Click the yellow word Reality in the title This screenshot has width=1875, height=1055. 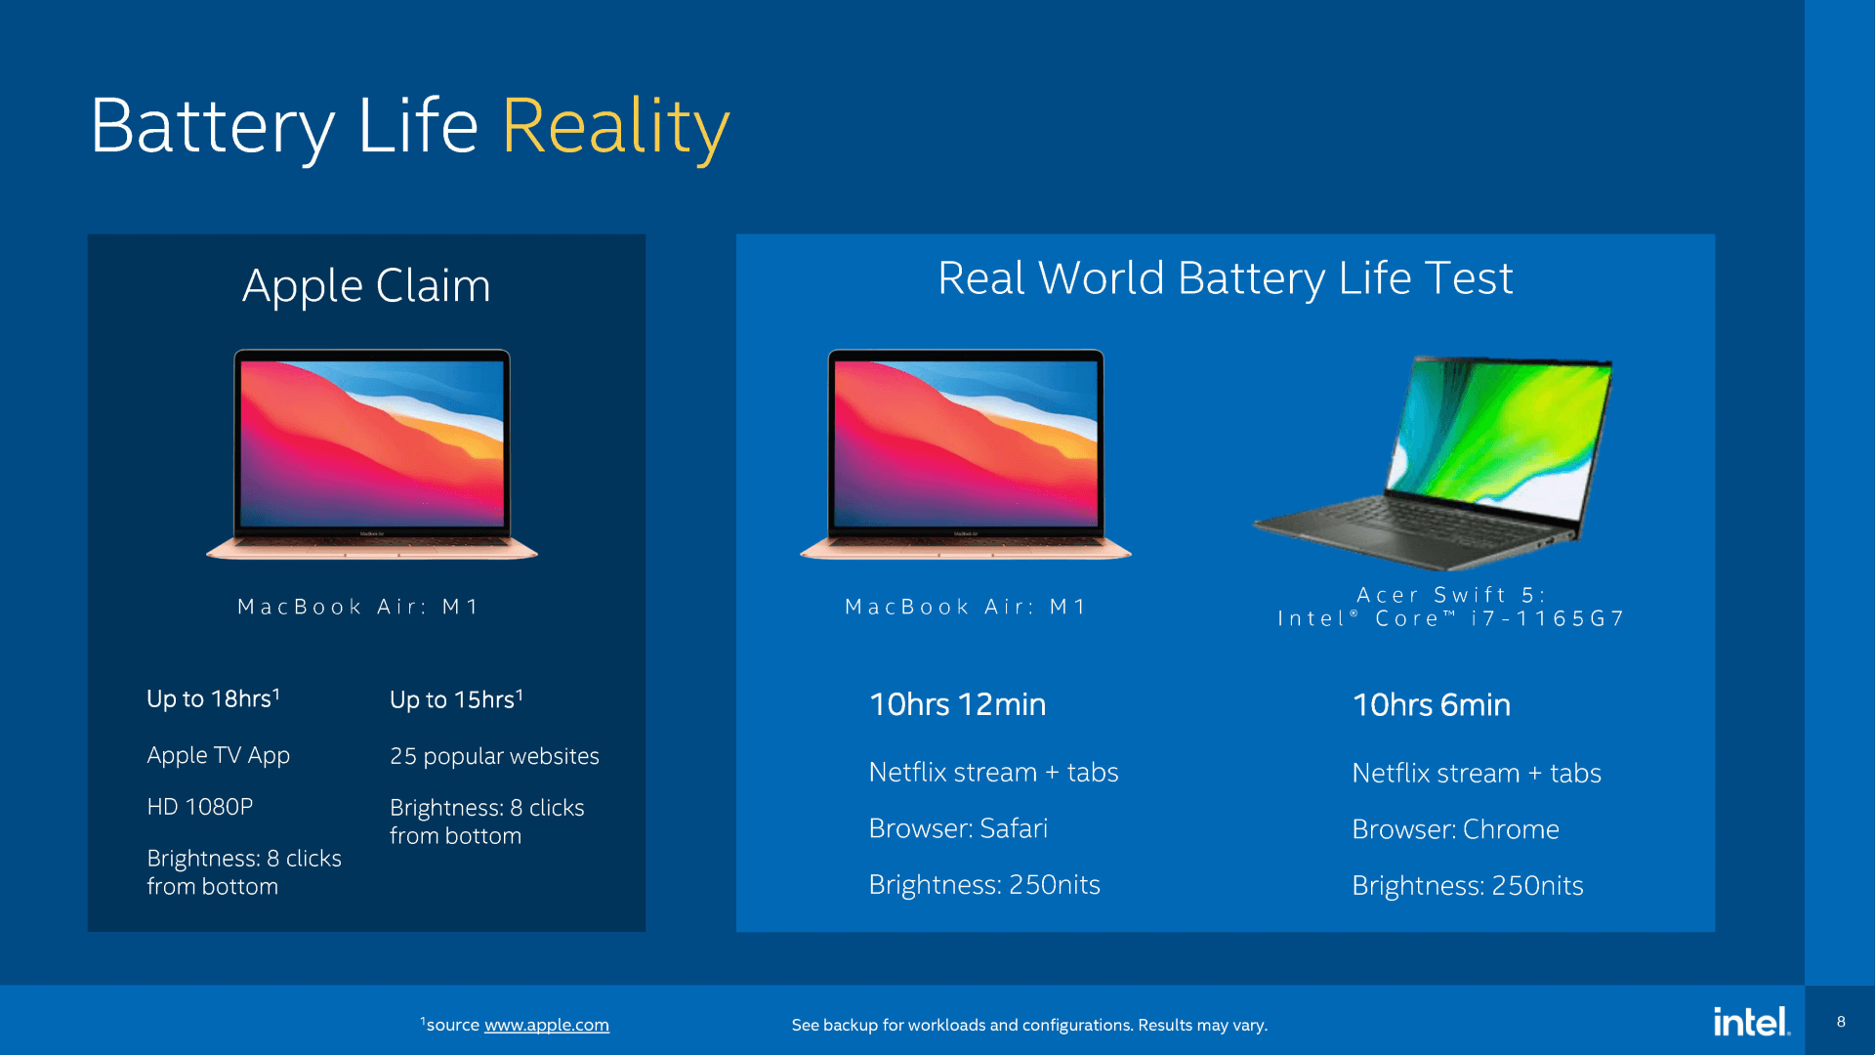click(x=615, y=127)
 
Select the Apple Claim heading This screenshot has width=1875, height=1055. click(x=366, y=286)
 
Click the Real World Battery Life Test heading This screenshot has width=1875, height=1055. click(x=1225, y=278)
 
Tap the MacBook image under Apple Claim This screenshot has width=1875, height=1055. click(x=372, y=453)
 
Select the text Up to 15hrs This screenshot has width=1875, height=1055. click(x=456, y=700)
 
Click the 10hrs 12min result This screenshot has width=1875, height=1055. click(x=957, y=704)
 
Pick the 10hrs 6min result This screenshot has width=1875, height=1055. click(x=1431, y=705)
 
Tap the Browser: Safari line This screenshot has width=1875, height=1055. click(x=957, y=828)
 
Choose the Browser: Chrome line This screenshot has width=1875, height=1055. click(x=1455, y=829)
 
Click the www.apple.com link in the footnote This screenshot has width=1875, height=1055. click(x=546, y=1025)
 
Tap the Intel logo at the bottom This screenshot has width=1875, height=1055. click(x=1751, y=1022)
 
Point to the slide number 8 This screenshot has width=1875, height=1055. click(x=1841, y=1022)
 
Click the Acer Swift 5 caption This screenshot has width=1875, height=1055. click(x=1450, y=595)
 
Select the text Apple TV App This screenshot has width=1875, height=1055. click(x=218, y=755)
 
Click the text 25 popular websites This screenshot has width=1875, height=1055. click(x=494, y=756)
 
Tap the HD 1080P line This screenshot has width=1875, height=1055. click(x=199, y=807)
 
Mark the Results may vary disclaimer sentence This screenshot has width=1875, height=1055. click(x=1029, y=1025)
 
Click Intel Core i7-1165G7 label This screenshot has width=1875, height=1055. click(x=1450, y=619)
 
